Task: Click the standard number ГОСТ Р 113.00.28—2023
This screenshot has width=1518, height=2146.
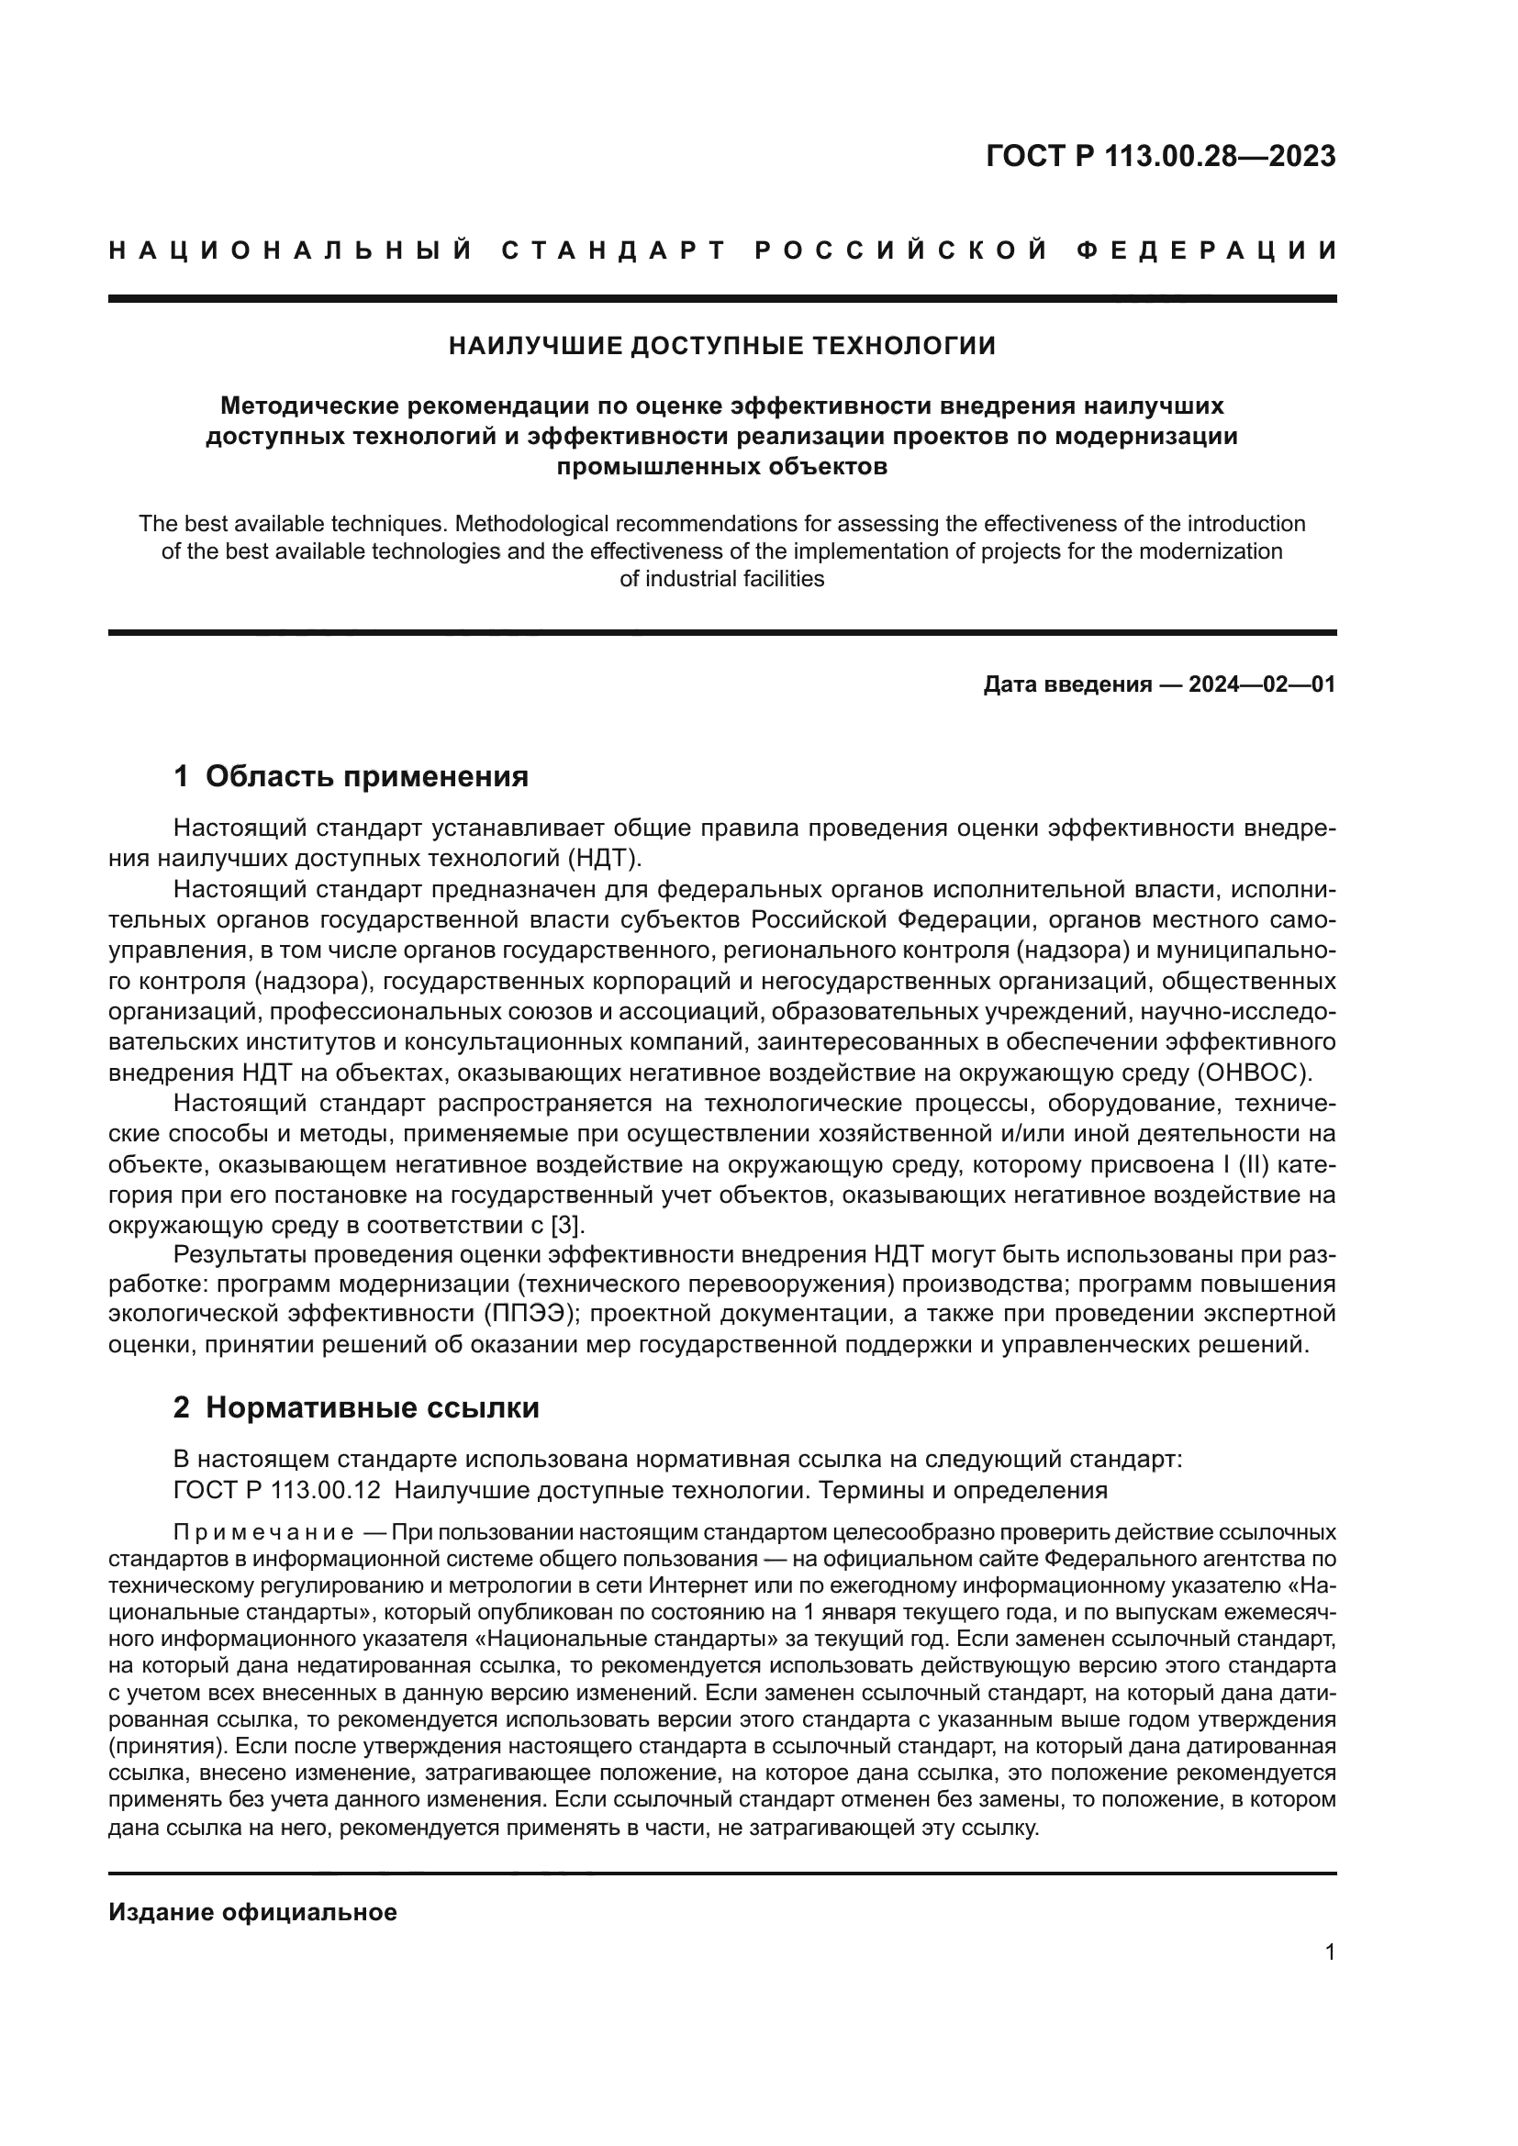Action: point(1160,156)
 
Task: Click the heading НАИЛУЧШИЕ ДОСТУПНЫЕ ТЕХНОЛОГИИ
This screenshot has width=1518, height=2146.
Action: point(721,346)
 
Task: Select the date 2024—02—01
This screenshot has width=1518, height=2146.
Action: point(1261,685)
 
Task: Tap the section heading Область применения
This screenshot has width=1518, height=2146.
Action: point(366,776)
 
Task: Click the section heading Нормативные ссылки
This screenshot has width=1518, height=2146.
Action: point(372,1407)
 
